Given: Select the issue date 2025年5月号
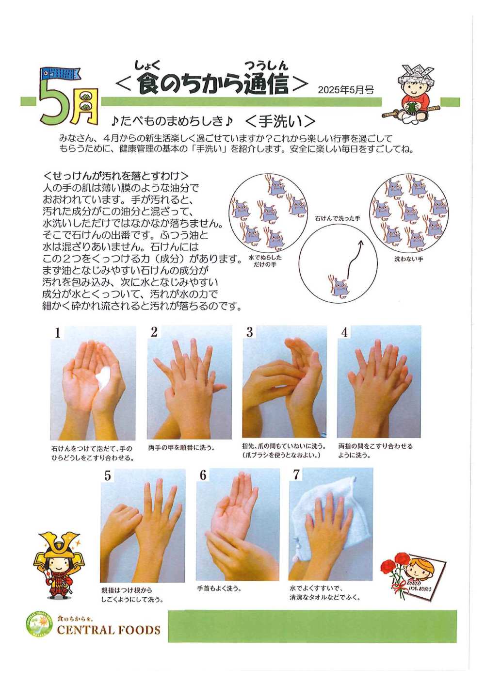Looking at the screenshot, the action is pos(346,90).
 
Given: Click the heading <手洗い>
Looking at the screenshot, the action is pos(280,122).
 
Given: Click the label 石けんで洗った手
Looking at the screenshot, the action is pos(338,219).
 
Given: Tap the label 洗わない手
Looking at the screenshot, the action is pos(408,259).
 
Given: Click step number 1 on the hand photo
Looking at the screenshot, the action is pos(58,333).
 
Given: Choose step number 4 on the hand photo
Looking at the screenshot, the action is pos(345,332).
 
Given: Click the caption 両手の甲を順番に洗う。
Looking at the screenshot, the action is pos(181,448).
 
